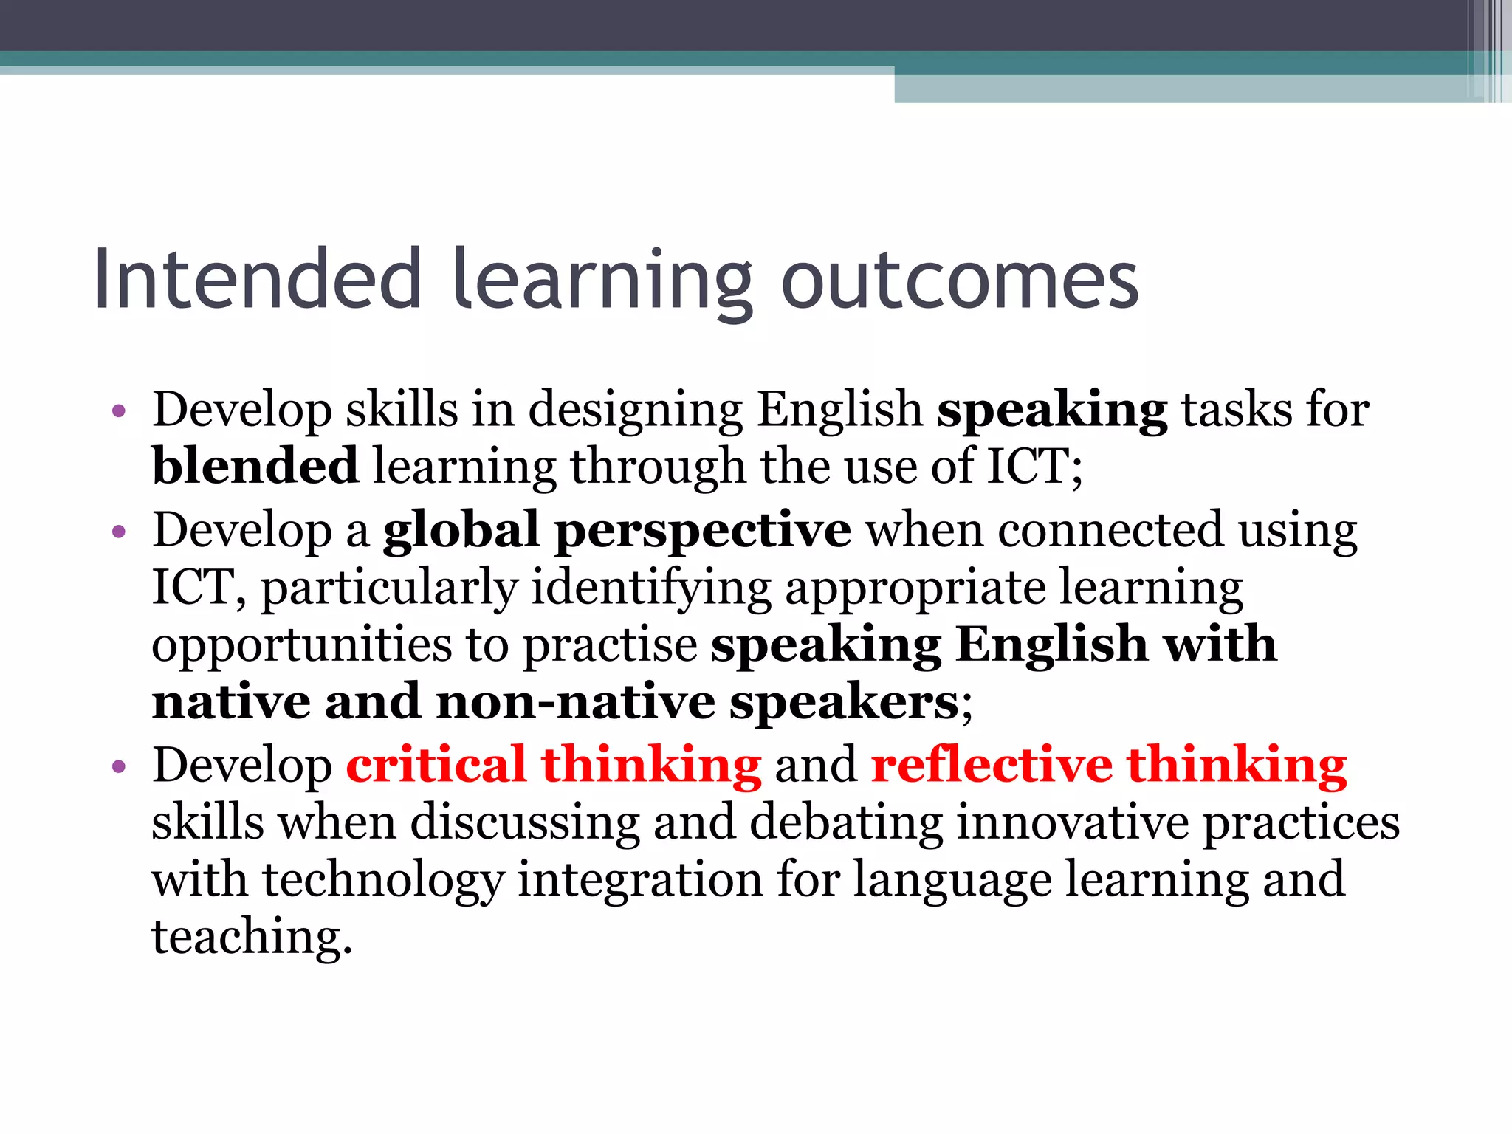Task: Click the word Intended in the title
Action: tap(258, 280)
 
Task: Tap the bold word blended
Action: tap(255, 466)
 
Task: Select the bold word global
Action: tap(461, 530)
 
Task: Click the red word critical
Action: tap(436, 765)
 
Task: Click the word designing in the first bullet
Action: tap(636, 410)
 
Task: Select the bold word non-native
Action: tap(576, 702)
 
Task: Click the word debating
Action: tap(846, 822)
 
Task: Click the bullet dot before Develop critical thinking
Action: tap(119, 767)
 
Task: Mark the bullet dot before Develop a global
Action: tap(119, 532)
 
